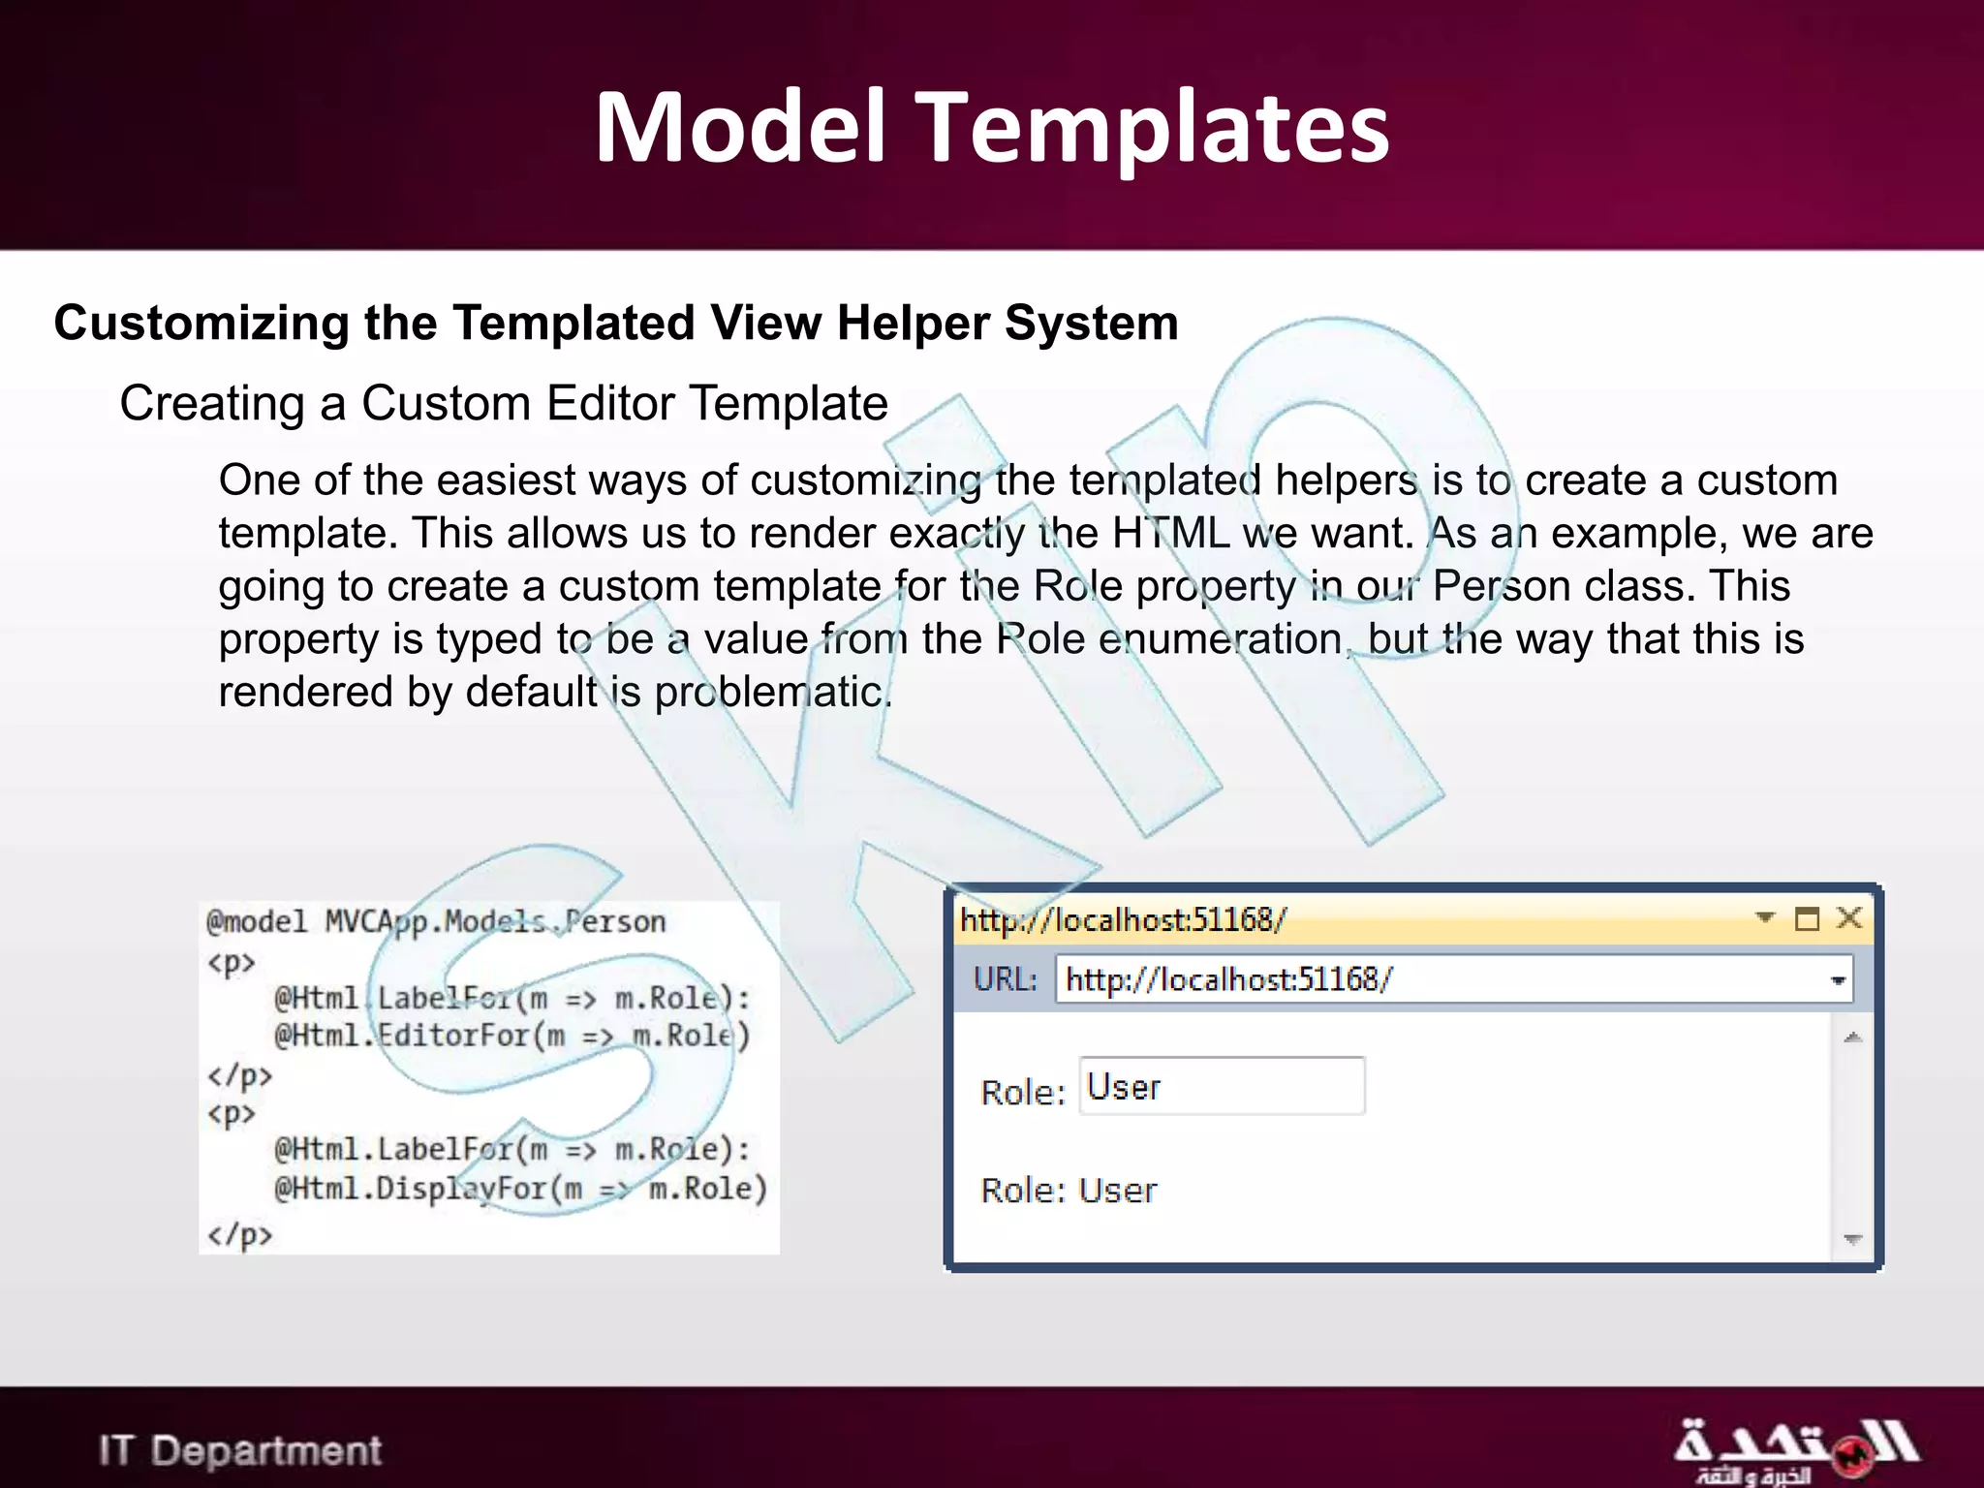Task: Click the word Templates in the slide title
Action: click(x=1152, y=128)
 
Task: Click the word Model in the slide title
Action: click(x=741, y=128)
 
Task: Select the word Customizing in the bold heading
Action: click(x=201, y=323)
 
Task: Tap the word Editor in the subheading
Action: click(x=610, y=403)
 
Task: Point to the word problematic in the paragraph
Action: click(x=772, y=692)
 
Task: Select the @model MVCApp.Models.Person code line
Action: click(x=436, y=921)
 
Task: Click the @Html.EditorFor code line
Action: click(x=511, y=1036)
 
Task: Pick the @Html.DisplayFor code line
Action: click(x=520, y=1189)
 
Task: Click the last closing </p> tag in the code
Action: click(x=239, y=1235)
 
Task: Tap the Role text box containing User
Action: click(x=1221, y=1087)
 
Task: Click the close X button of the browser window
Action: click(x=1849, y=917)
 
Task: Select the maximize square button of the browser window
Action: click(x=1807, y=918)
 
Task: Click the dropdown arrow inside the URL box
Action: click(x=1837, y=980)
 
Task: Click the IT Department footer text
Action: click(x=240, y=1451)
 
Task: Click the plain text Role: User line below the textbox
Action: click(x=1069, y=1191)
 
